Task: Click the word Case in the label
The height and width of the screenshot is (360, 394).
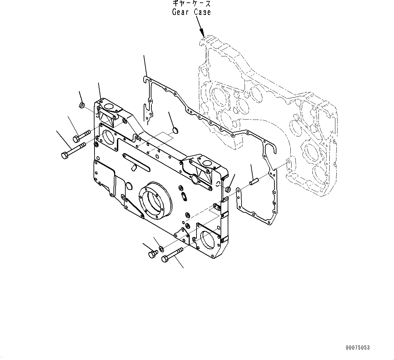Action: coord(202,12)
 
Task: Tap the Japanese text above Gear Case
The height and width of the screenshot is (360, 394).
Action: coord(191,4)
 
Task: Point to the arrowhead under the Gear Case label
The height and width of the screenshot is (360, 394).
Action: coord(203,34)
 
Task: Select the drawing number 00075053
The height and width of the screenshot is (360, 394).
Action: coord(358,348)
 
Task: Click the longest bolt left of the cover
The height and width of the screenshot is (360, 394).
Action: coord(74,150)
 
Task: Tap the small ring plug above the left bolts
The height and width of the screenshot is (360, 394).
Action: coord(82,106)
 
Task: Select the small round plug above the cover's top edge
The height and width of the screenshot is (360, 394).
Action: coord(175,129)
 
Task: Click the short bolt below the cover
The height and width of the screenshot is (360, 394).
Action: coord(153,254)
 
